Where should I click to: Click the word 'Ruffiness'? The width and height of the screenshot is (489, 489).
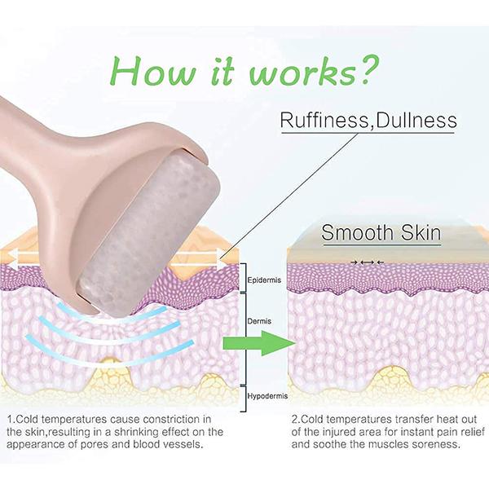pyautogui.click(x=324, y=120)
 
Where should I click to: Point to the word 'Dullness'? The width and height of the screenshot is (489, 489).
pyautogui.click(x=416, y=120)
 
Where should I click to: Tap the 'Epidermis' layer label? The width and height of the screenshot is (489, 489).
pyautogui.click(x=264, y=280)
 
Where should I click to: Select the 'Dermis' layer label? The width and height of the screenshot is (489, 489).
pyautogui.click(x=259, y=321)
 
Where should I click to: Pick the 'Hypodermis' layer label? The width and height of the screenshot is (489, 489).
pyautogui.click(x=267, y=396)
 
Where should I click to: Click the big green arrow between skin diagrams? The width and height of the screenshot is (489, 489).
pyautogui.click(x=259, y=343)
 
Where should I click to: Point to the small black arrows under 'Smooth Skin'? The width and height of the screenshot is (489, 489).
pyautogui.click(x=367, y=262)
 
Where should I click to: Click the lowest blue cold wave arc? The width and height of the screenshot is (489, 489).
pyautogui.click(x=109, y=355)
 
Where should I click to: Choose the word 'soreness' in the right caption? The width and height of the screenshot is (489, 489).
pyautogui.click(x=439, y=444)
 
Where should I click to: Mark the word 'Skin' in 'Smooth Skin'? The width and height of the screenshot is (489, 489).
pyautogui.click(x=421, y=232)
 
